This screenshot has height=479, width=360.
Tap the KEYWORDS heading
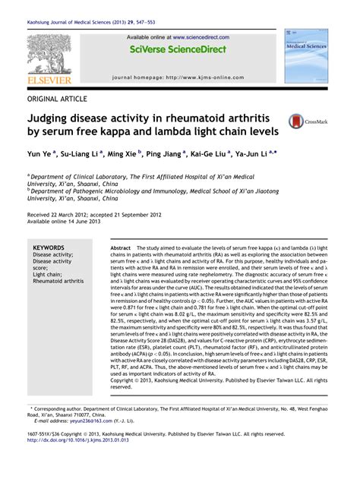[x=49, y=248]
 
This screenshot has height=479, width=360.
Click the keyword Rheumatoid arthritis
[x=58, y=281]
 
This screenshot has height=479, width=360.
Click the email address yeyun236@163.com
[x=89, y=442]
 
